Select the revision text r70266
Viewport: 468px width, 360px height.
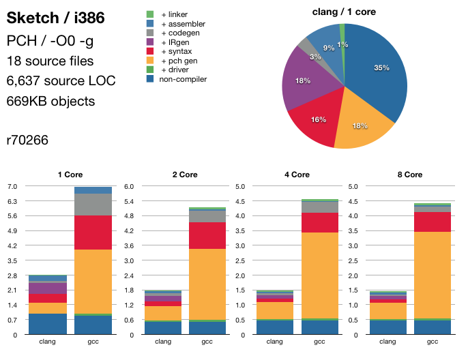pos(27,140)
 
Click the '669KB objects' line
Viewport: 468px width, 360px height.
pos(50,101)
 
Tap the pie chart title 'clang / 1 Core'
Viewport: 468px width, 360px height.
pos(344,12)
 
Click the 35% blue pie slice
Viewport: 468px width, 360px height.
pos(379,75)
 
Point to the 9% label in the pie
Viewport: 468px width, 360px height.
pos(329,48)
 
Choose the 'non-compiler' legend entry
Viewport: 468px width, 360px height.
pos(184,79)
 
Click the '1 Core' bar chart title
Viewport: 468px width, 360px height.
pos(70,175)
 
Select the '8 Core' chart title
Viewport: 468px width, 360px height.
pos(409,175)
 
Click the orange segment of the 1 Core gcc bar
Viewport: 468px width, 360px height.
pos(93,281)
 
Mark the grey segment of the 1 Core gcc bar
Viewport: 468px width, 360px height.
pos(93,204)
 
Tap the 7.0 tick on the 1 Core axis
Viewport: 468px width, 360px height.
pos(12,186)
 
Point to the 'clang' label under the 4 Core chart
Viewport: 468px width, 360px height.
pos(275,342)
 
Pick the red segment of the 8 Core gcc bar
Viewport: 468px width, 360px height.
pos(433,222)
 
